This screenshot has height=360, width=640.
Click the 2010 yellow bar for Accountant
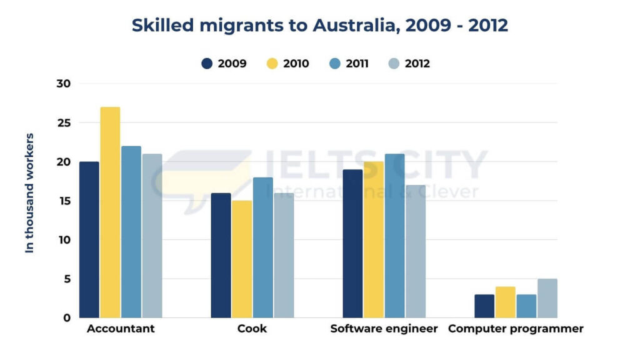click(110, 212)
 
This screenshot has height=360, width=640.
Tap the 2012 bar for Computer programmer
click(547, 299)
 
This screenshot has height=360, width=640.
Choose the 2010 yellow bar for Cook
click(242, 259)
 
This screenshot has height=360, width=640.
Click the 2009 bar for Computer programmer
click(484, 306)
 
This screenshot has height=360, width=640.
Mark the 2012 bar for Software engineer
click(416, 251)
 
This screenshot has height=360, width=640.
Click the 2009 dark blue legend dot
click(207, 64)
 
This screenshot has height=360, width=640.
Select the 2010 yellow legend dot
click(272, 64)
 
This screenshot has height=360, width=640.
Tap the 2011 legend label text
click(357, 64)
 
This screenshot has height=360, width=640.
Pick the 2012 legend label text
click(417, 64)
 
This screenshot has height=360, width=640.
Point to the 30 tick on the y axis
click(64, 84)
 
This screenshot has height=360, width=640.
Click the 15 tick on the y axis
click(64, 201)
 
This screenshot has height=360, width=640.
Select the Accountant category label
click(121, 329)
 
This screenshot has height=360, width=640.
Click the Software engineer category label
click(384, 329)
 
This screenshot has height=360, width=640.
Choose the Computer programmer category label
click(516, 329)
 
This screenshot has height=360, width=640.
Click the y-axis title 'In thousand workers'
click(29, 192)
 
